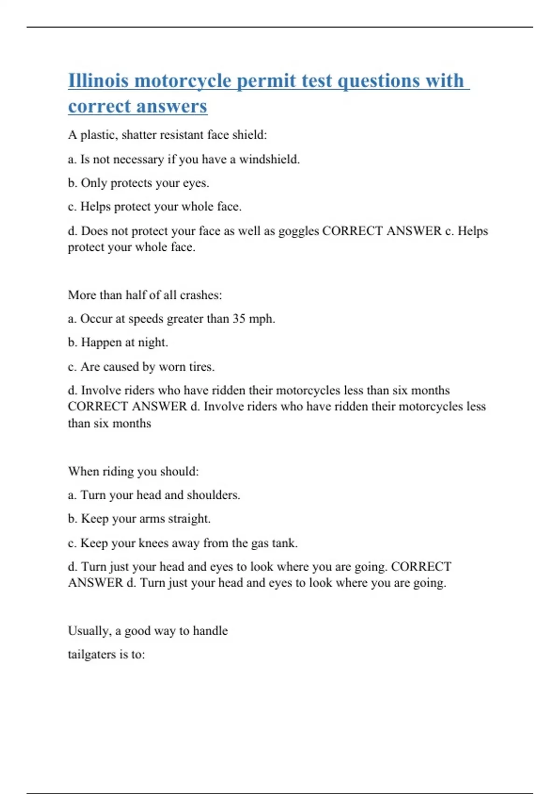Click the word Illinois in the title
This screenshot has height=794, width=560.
(x=98, y=81)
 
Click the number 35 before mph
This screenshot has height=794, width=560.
(x=239, y=319)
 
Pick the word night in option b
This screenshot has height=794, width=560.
(x=152, y=342)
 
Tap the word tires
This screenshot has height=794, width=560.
(x=201, y=367)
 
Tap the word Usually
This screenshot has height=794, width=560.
(x=90, y=631)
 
